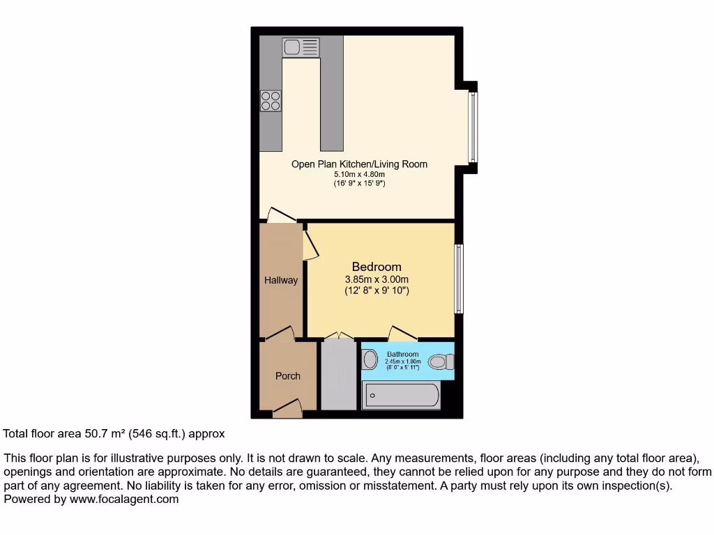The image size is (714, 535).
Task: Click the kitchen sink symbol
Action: tap(301, 47)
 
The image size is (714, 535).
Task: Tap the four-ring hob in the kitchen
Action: tap(271, 101)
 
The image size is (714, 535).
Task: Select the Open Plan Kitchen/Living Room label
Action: tap(359, 164)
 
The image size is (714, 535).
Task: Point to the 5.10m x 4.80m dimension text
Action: tap(359, 174)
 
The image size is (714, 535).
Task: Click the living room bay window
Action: tap(473, 127)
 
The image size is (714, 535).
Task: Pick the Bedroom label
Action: tap(377, 267)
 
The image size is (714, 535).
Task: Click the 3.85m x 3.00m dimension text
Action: tap(377, 280)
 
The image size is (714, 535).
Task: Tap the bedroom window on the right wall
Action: tap(458, 279)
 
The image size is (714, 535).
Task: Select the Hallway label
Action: tap(281, 280)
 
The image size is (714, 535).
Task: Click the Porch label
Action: tap(287, 376)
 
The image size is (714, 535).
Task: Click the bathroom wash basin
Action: tap(370, 359)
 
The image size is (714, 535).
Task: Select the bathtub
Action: tap(401, 396)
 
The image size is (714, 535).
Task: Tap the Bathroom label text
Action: tap(403, 355)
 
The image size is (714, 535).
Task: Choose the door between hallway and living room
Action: tap(282, 215)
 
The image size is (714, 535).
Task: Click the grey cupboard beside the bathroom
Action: tap(339, 376)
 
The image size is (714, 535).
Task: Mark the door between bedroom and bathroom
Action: tap(402, 333)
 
